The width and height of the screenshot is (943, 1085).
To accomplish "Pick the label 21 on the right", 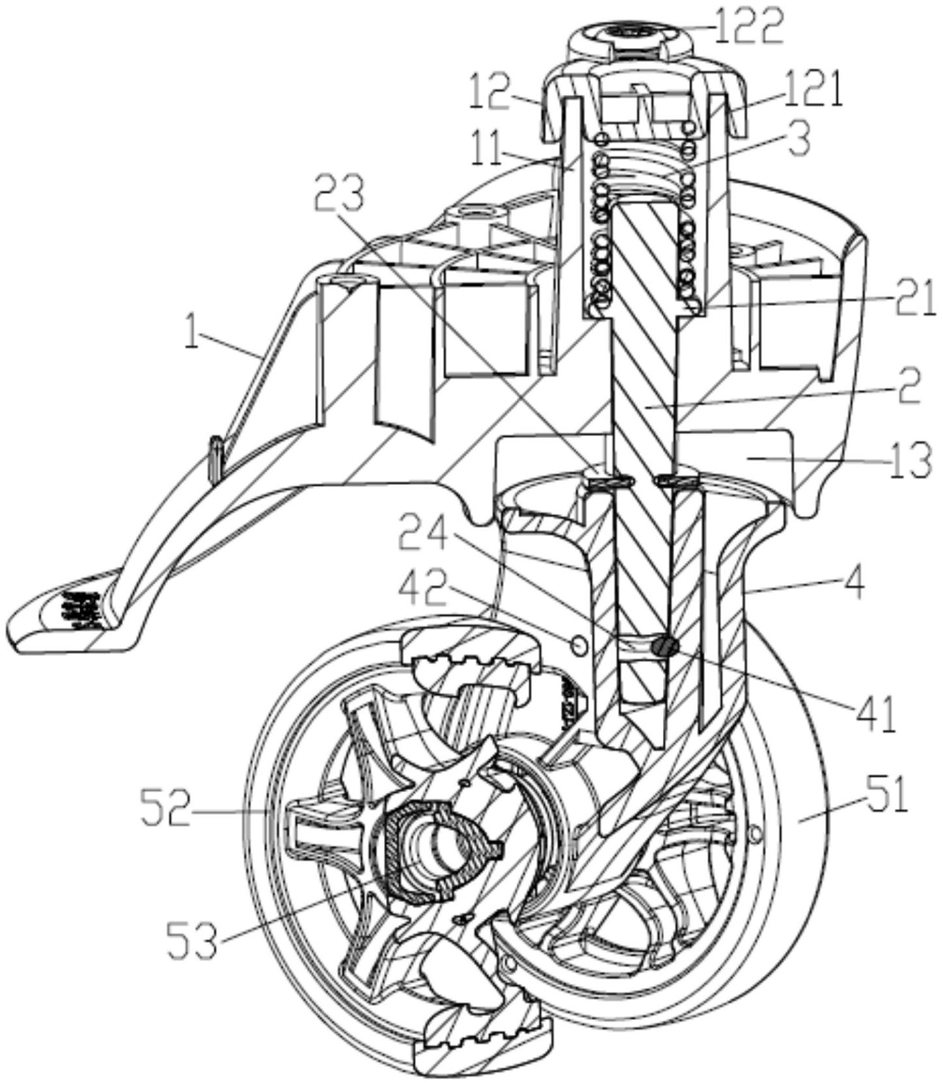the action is pyautogui.click(x=912, y=299).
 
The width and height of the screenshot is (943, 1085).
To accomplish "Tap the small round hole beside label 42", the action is pyautogui.click(x=578, y=644).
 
